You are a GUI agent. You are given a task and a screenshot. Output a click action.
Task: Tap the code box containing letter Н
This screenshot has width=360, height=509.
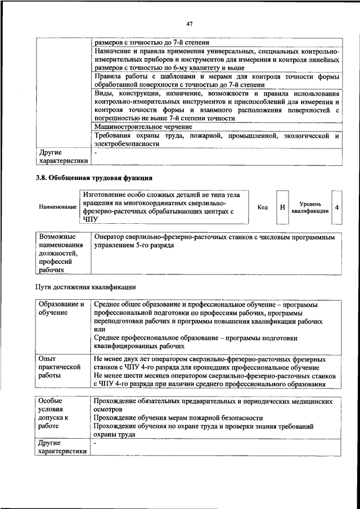click(x=282, y=207)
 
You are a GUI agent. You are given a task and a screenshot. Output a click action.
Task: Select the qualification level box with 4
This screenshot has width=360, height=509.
click(x=336, y=207)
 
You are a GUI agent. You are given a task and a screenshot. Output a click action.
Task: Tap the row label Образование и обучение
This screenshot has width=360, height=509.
click(x=61, y=308)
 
